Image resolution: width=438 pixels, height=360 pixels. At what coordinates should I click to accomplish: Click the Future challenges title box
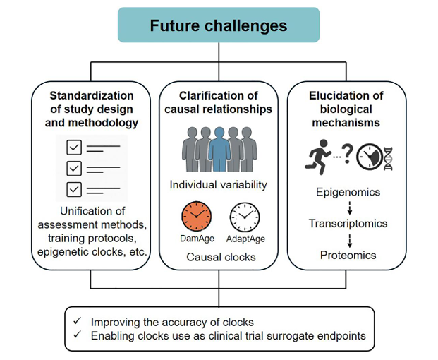219,26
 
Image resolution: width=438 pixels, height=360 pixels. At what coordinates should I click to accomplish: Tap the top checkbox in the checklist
73,148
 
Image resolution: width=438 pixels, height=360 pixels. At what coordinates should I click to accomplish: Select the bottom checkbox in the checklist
73,188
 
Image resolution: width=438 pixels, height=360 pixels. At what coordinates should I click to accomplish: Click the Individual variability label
219,185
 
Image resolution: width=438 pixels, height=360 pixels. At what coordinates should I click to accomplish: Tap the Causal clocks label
219,257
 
